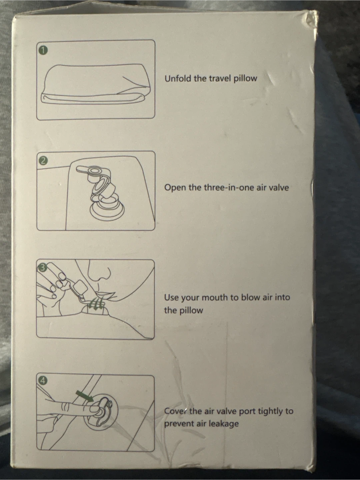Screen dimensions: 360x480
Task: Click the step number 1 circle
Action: tap(44, 51)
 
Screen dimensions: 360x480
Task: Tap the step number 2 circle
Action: tap(43, 161)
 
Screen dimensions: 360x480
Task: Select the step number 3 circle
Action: tap(42, 267)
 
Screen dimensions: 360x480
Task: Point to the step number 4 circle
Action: tap(43, 381)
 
